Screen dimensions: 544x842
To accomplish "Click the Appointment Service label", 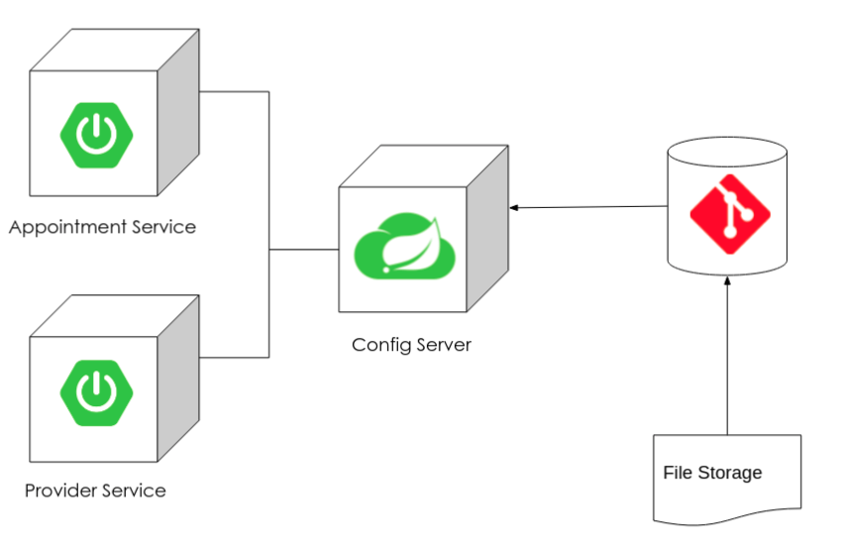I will tap(102, 227).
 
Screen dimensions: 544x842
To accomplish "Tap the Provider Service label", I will tap(95, 490).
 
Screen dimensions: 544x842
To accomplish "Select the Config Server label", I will tap(411, 345).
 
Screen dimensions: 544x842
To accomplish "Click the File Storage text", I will tap(712, 473).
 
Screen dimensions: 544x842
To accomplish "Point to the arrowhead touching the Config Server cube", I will tap(514, 207).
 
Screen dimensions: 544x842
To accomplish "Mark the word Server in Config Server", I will tap(442, 345).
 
